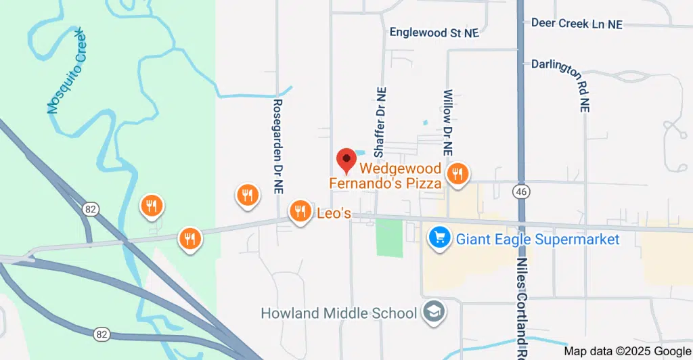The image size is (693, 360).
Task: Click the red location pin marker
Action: [346, 161]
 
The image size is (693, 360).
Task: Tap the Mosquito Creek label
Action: [68, 71]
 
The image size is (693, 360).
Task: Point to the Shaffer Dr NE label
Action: [380, 120]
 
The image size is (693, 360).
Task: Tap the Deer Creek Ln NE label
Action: [576, 23]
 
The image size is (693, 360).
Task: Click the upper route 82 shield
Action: [91, 209]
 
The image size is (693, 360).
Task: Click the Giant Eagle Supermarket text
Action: [537, 239]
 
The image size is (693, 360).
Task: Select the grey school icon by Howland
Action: [431, 312]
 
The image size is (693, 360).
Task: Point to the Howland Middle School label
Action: [338, 313]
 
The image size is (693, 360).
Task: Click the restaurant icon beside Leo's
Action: [299, 212]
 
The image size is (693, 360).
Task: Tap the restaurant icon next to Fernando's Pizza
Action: [457, 174]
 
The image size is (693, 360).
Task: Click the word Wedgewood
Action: [400, 168]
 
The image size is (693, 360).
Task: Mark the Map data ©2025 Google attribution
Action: [627, 351]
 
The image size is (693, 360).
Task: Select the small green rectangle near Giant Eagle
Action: [389, 238]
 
